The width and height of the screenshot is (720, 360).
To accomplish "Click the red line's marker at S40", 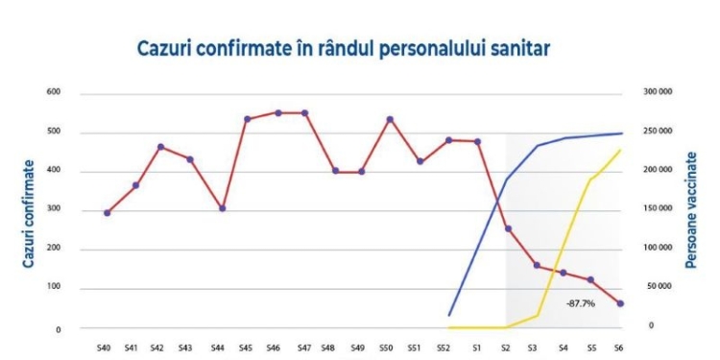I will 107,212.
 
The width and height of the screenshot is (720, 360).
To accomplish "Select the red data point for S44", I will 222,208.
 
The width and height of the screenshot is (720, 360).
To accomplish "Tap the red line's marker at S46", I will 278,112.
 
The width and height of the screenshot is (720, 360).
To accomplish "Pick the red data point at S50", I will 390,119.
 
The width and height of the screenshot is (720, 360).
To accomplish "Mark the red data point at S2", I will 508,228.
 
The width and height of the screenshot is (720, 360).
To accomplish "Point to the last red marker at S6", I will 621,303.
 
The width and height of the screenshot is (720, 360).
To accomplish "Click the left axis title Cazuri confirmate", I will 29,210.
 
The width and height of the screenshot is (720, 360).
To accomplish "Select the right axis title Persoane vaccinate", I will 691,210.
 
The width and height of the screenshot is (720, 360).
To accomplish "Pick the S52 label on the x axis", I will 443,346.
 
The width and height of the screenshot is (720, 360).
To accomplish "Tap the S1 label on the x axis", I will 475,346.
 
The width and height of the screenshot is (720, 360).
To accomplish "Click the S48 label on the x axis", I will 329,346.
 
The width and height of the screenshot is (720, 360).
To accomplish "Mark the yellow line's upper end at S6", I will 620,151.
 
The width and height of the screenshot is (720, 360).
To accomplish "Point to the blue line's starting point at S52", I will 450,314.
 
